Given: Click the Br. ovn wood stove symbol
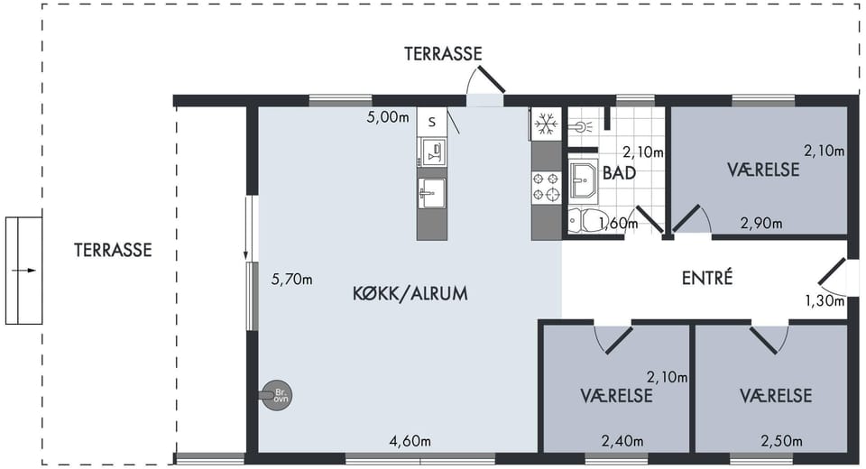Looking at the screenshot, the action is [276, 396].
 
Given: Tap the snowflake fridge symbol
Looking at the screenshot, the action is [547, 124].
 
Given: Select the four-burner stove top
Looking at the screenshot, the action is [547, 186].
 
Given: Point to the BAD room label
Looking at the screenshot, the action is [619, 173].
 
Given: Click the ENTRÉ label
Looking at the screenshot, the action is [707, 277].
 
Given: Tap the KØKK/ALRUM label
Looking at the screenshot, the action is [410, 293].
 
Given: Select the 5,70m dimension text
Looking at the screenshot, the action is [291, 280].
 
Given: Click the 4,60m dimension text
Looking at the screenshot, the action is [410, 441].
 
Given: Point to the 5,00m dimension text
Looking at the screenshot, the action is [388, 117].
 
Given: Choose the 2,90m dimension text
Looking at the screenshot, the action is [761, 223].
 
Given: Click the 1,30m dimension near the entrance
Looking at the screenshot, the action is [825, 301].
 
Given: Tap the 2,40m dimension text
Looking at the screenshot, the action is [622, 441].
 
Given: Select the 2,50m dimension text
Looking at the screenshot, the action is [781, 441].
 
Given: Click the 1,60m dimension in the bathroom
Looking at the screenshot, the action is [618, 223].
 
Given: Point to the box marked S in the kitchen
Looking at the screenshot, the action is [432, 122].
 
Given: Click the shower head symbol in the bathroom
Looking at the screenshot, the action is [581, 127].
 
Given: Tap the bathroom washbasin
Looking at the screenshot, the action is [584, 179].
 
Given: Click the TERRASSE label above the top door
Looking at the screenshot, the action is [443, 53].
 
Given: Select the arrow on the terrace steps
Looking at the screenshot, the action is [23, 271].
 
